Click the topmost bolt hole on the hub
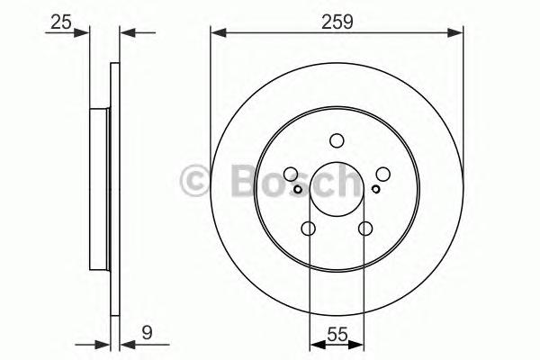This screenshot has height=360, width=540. pyautogui.click(x=337, y=140)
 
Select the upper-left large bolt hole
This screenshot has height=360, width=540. pyautogui.click(x=291, y=175)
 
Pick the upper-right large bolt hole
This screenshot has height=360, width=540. pyautogui.click(x=382, y=175)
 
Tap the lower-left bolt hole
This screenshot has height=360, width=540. pyautogui.click(x=309, y=229)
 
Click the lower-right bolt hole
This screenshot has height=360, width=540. pyautogui.click(x=364, y=229)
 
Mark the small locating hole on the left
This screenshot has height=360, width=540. pyautogui.click(x=298, y=189)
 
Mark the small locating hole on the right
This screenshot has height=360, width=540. pyautogui.click(x=375, y=189)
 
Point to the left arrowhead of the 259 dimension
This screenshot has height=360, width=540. pyautogui.click(x=217, y=34)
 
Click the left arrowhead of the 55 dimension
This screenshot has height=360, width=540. pyautogui.click(x=314, y=343)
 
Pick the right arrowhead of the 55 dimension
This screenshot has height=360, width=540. pyautogui.click(x=359, y=343)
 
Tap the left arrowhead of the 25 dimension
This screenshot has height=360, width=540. pyautogui.click(x=85, y=34)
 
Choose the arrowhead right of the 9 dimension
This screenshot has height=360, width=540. pyautogui.click(x=124, y=343)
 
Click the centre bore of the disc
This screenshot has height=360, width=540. pyautogui.click(x=337, y=190)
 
